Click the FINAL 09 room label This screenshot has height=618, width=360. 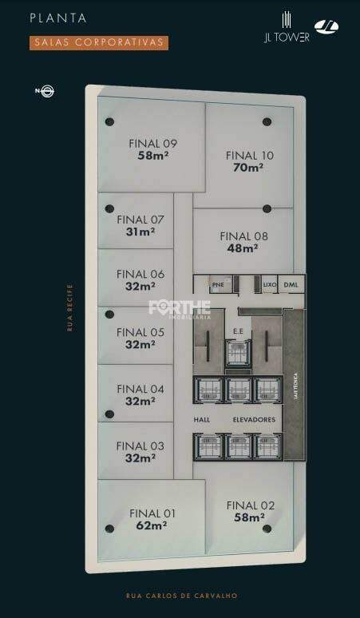[x=152, y=144]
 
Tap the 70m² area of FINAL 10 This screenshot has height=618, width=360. [x=249, y=168]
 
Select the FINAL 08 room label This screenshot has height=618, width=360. [x=243, y=236]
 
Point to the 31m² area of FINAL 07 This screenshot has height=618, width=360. [x=140, y=232]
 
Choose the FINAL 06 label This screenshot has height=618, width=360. [x=140, y=274]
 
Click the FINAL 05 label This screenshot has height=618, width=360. [x=140, y=332]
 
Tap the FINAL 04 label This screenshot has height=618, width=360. [x=140, y=389]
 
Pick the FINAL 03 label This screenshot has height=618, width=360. [x=140, y=446]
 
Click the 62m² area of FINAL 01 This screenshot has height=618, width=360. [x=151, y=525]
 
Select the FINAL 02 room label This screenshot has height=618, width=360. [x=250, y=505]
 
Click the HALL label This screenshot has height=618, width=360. [x=201, y=419]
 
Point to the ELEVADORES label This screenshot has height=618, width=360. [x=254, y=419]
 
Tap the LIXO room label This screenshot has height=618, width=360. [x=269, y=284]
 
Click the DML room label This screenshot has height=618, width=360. [x=291, y=284]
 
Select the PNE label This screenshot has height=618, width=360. [x=217, y=284]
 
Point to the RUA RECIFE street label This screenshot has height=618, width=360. [x=69, y=307]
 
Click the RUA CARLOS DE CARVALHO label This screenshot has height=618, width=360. [x=181, y=596]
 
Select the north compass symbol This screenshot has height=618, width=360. [x=46, y=91]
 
